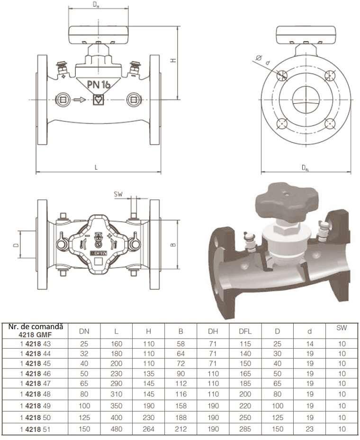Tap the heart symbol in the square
coord(99,99)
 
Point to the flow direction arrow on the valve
coord(80,99)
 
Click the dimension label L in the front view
coord(96,167)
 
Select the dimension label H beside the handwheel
coord(173,60)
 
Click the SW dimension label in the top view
coord(118,194)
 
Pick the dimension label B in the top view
coord(173,245)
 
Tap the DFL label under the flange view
coord(306,168)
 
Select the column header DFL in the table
coord(244,332)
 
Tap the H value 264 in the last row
coord(148,430)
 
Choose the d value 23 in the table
coord(309,430)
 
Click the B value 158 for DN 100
coord(180,406)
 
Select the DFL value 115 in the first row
coord(244,343)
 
